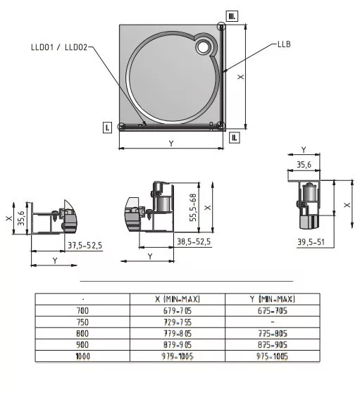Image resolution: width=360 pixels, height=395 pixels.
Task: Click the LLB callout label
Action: coord(284,44)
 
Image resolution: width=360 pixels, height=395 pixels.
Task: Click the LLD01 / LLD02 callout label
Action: coord(59,47)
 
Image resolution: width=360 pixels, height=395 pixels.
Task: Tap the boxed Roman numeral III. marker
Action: coord(232,16)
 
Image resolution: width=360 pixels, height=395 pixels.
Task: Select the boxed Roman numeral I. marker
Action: coord(107,127)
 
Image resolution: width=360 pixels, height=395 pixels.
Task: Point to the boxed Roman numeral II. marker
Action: coord(235,137)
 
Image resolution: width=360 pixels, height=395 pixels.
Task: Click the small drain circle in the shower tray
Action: coord(203,47)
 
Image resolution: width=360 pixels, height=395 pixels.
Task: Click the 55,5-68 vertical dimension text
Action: coord(193,207)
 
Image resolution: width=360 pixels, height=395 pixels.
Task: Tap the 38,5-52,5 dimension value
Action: coord(194,242)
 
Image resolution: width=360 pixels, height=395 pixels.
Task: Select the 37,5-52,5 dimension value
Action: coord(85,245)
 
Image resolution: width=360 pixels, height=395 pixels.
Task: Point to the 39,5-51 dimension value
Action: coord(311,242)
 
